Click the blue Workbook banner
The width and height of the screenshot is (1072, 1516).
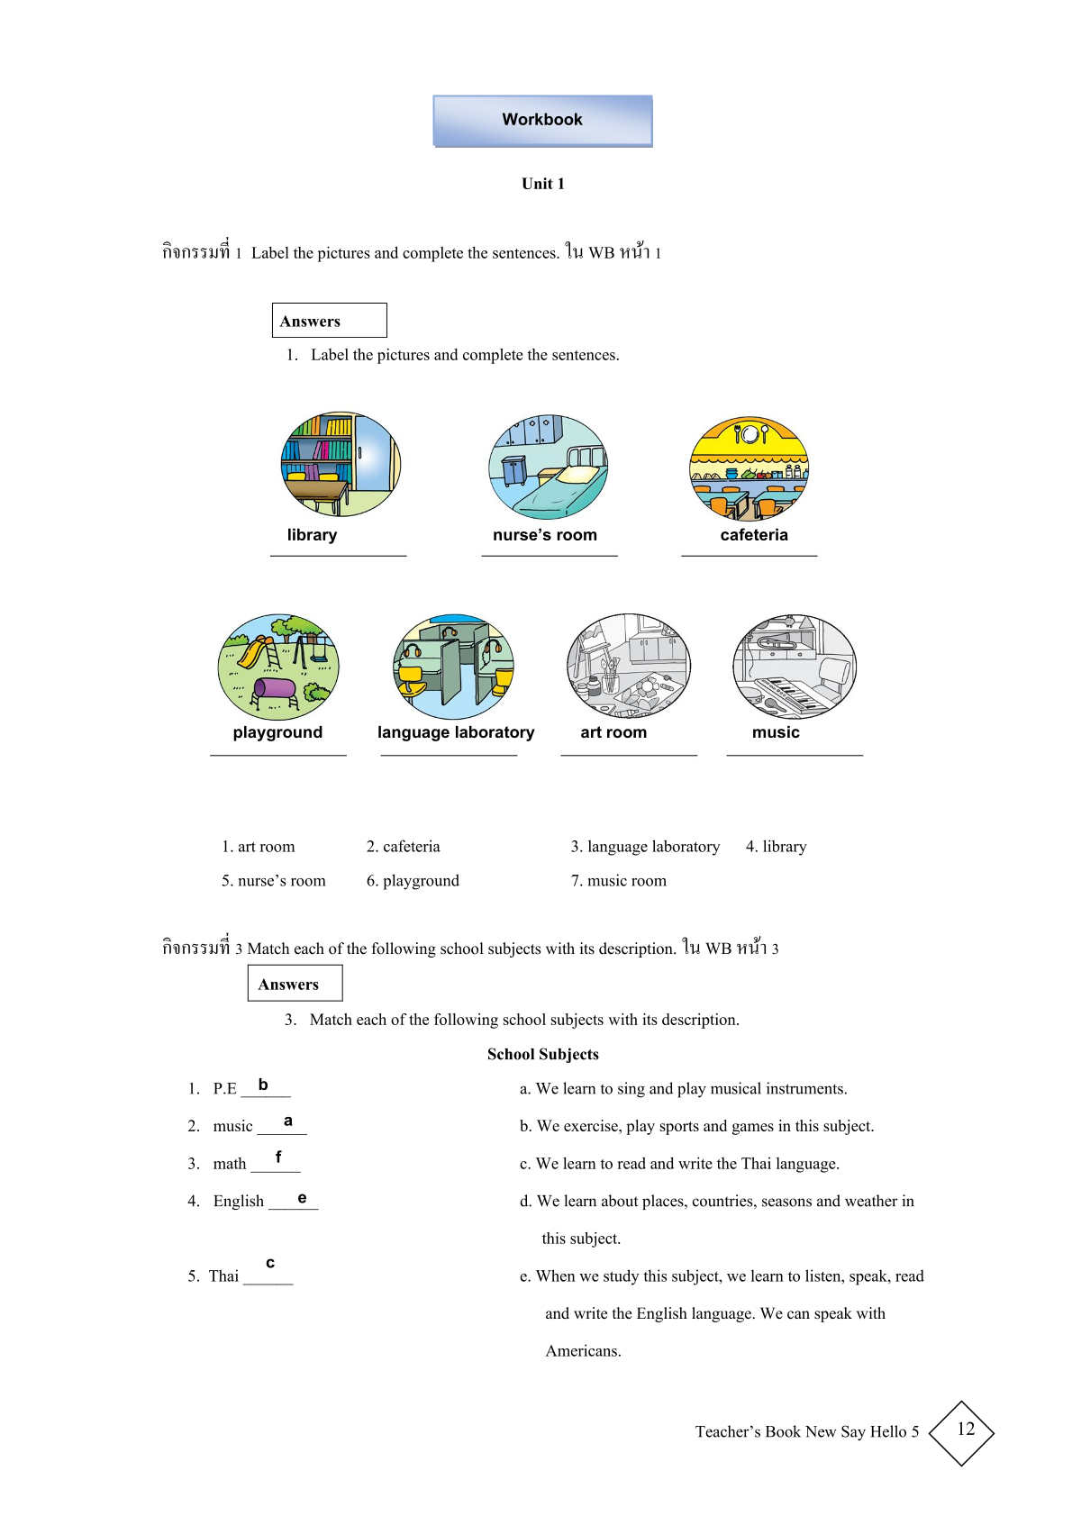pyautogui.click(x=542, y=121)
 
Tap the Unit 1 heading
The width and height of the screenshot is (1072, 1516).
pyautogui.click(x=542, y=184)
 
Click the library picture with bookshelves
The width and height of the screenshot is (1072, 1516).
pyautogui.click(x=341, y=464)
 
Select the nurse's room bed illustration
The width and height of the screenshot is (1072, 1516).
pyautogui.click(x=548, y=467)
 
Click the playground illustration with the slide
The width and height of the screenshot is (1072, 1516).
pyautogui.click(x=278, y=667)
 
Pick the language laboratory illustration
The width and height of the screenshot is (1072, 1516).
pyautogui.click(x=453, y=667)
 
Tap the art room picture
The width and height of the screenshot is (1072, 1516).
pyautogui.click(x=628, y=666)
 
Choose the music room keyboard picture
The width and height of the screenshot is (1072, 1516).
pyautogui.click(x=795, y=666)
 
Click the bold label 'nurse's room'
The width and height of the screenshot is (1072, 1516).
pyautogui.click(x=544, y=535)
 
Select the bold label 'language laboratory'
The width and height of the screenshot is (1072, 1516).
pyautogui.click(x=455, y=732)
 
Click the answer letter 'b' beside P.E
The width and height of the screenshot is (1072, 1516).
pyautogui.click(x=263, y=1085)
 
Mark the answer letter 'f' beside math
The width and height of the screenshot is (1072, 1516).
pyautogui.click(x=278, y=1157)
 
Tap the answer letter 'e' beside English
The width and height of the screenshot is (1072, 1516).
pyautogui.click(x=302, y=1198)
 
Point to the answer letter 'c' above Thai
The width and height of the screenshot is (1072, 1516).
pyautogui.click(x=270, y=1263)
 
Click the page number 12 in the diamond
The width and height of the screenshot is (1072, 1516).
pyautogui.click(x=965, y=1430)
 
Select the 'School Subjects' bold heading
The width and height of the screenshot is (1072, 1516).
pyautogui.click(x=542, y=1054)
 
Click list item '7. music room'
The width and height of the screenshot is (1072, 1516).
pyautogui.click(x=618, y=881)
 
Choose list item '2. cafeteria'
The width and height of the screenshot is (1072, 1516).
pyautogui.click(x=403, y=847)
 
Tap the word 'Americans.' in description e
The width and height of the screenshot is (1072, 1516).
pyautogui.click(x=583, y=1351)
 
